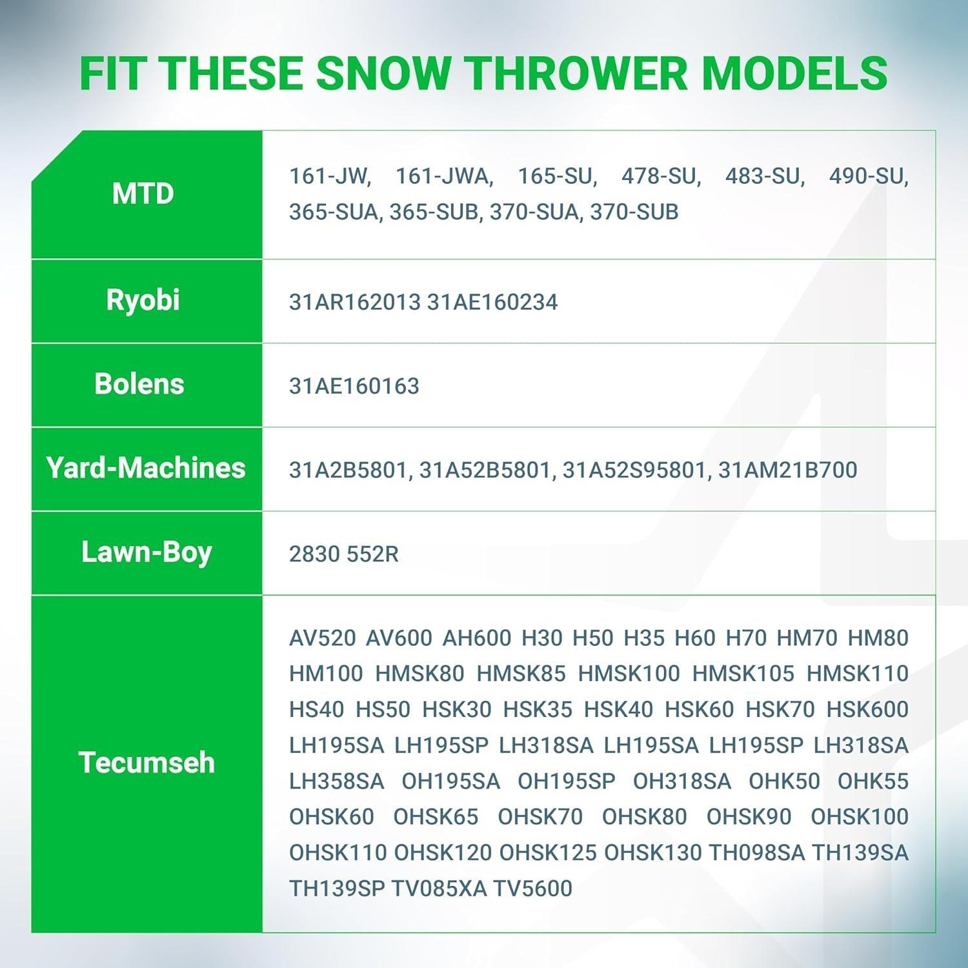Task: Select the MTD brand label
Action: (x=143, y=194)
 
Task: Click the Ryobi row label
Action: (x=143, y=301)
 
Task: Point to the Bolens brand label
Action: (x=139, y=384)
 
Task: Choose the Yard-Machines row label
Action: (x=146, y=468)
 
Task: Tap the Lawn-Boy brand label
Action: (x=146, y=553)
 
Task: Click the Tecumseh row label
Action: (x=146, y=763)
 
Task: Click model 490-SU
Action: (x=869, y=176)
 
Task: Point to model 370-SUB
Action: (x=634, y=212)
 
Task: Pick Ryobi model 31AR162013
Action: (x=355, y=302)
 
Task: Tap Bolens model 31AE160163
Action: (x=354, y=386)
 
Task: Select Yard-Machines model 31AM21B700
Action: (x=788, y=470)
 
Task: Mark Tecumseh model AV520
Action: (x=323, y=638)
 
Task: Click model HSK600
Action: (x=867, y=709)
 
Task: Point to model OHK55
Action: (x=873, y=781)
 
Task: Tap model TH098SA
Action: (x=757, y=853)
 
